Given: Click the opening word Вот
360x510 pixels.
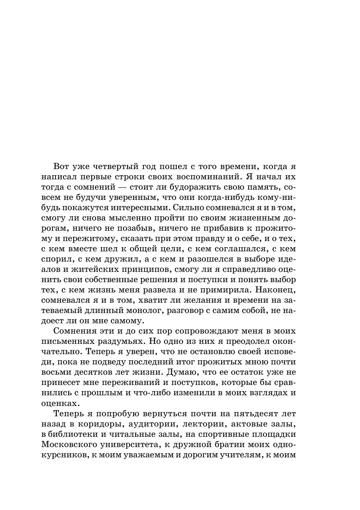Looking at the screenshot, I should point(62,167).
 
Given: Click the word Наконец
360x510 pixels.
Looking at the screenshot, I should point(278,290).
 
